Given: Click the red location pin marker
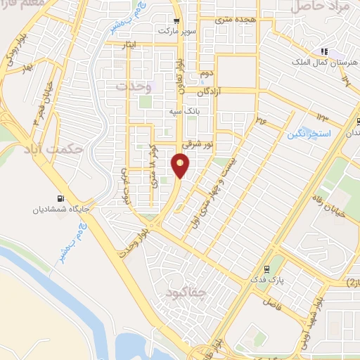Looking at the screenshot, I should (181, 166).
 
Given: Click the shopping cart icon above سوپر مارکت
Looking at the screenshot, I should (176, 21).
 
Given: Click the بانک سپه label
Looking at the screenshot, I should (181, 111).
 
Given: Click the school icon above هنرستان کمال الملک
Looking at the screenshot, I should (324, 51).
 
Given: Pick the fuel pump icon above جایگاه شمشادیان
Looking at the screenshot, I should (58, 198).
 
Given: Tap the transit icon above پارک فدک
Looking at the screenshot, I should (266, 269).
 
